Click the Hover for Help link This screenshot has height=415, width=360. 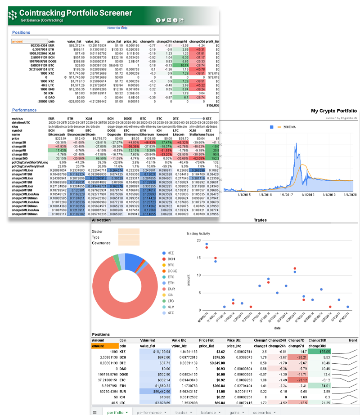pos(117,28)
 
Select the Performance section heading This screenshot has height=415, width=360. pos(25,110)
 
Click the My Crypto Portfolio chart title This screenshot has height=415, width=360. pos(333,111)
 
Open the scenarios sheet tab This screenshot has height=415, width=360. pos(263,411)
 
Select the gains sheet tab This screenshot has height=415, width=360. pos(234,411)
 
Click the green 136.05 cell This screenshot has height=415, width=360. pos(321,351)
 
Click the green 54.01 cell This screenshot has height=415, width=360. pos(321,386)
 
